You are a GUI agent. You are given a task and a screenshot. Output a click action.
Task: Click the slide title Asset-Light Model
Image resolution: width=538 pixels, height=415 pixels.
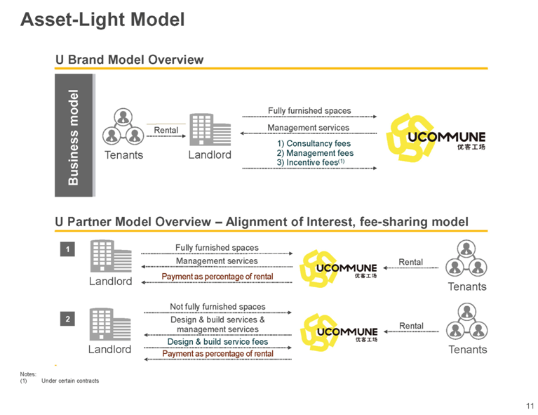click(x=102, y=19)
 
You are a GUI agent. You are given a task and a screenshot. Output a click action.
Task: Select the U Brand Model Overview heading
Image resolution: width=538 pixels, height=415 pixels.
click(x=129, y=60)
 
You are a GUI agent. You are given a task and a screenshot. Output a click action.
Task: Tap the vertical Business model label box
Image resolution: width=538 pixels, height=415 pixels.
click(x=74, y=136)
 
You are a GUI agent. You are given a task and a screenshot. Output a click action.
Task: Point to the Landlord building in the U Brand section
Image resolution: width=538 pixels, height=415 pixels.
click(x=210, y=130)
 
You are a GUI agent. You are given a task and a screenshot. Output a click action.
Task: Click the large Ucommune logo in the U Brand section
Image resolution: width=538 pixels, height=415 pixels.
click(x=436, y=138)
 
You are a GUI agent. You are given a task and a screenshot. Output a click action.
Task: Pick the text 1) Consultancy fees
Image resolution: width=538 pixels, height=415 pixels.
click(x=314, y=143)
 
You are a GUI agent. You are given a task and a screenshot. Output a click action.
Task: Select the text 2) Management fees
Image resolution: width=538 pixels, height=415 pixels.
click(x=315, y=153)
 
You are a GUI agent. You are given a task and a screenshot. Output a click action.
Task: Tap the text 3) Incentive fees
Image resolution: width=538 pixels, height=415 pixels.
click(x=311, y=162)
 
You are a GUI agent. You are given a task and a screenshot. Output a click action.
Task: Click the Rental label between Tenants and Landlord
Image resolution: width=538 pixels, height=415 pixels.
click(x=166, y=130)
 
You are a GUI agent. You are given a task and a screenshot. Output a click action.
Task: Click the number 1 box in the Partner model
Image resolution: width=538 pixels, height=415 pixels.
click(x=67, y=249)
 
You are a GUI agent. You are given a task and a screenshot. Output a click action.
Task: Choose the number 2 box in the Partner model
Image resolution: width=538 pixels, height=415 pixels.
click(x=67, y=320)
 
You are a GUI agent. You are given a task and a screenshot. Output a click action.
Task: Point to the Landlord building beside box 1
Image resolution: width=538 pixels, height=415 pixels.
click(x=111, y=256)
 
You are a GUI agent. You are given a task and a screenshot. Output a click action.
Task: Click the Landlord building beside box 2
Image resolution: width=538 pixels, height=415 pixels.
click(x=110, y=324)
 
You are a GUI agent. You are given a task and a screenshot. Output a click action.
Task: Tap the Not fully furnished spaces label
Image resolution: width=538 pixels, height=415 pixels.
click(x=217, y=306)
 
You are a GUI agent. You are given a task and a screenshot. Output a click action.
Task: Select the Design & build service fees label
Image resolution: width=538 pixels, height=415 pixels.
click(x=217, y=341)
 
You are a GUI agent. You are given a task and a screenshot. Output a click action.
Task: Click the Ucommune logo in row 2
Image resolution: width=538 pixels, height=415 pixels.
click(x=339, y=332)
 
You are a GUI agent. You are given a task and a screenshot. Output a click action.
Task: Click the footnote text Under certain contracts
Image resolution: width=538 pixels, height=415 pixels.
click(x=70, y=381)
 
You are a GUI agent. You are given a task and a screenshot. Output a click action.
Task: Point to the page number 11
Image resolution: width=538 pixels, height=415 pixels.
click(x=530, y=406)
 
